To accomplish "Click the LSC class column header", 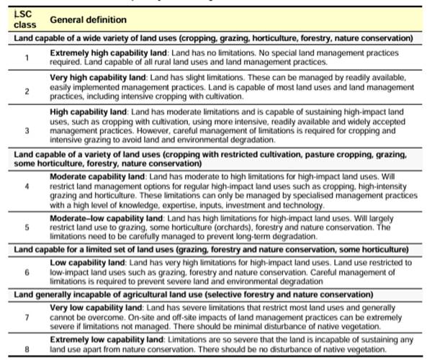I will [24, 19].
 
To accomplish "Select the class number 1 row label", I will [26, 58].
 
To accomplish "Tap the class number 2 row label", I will [26, 91].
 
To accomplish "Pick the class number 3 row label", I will [26, 130].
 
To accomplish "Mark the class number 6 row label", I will [26, 274].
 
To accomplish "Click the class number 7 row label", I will [26, 317].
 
